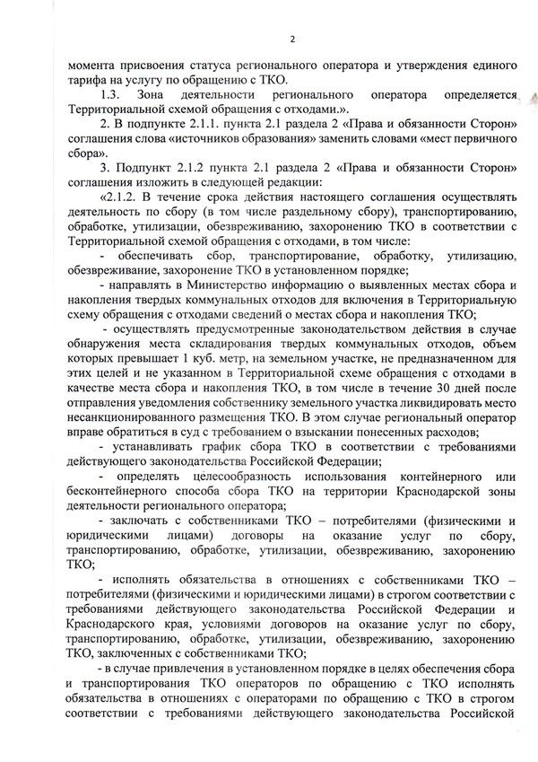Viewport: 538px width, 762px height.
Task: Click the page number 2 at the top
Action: point(292,38)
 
